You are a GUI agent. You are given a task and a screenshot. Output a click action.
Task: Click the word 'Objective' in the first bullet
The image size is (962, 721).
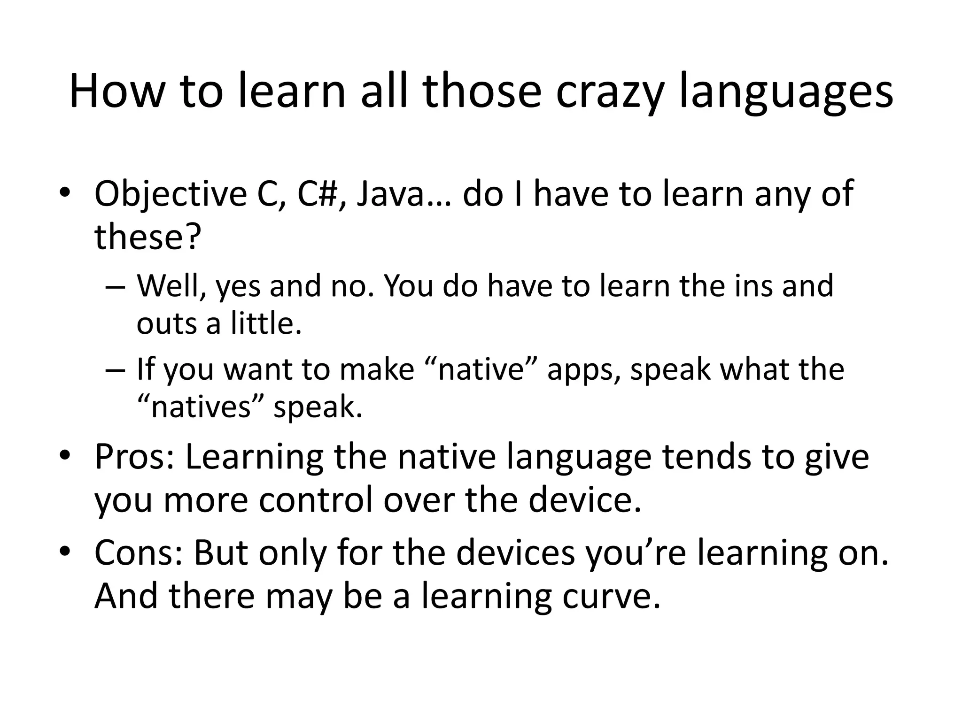click(171, 194)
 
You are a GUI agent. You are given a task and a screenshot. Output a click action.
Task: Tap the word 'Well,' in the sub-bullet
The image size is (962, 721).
click(171, 286)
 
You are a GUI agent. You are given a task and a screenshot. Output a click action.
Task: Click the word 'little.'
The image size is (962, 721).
click(266, 323)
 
